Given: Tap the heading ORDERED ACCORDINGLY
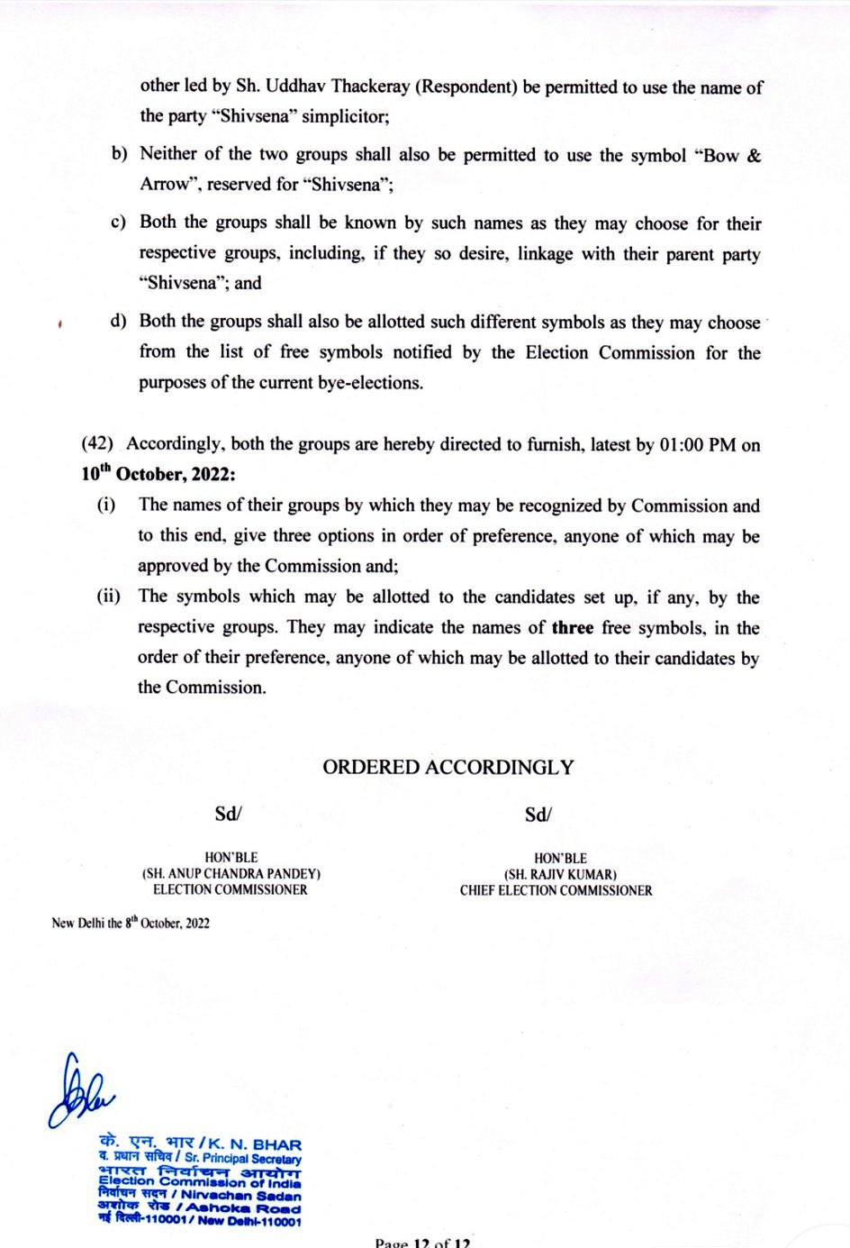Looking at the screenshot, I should [448, 768].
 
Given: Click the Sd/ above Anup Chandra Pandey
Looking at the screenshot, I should [228, 814].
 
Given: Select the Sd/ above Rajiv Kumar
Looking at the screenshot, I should [538, 815].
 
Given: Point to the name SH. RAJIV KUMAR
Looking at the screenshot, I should [560, 874].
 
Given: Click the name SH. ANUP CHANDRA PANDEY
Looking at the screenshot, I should [231, 873].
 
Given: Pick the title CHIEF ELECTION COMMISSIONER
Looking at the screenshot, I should [556, 890].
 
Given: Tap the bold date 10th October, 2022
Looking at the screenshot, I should [158, 475].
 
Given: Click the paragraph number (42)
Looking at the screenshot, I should [97, 443].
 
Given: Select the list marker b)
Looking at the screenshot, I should [120, 155].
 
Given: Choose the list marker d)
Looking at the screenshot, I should [118, 321].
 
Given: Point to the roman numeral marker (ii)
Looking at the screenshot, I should [109, 597].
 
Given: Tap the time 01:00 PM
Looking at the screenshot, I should [697, 444].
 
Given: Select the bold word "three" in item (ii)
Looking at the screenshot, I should [573, 627].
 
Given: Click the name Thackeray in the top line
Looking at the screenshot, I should [374, 87].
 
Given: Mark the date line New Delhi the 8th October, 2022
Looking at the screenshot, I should [131, 923].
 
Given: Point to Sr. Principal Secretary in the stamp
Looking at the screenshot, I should [243, 1158].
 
